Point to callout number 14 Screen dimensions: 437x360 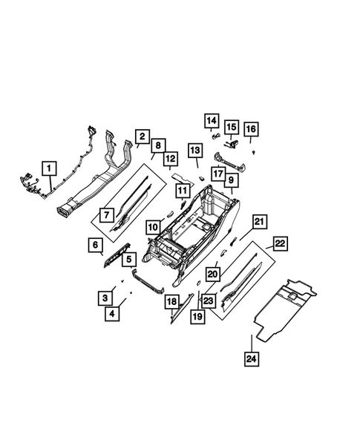click(212, 120)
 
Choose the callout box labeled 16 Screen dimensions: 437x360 click(250, 130)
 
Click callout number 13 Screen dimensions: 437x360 click(195, 153)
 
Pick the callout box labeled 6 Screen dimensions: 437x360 click(96, 246)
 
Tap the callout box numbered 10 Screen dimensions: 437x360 click(152, 227)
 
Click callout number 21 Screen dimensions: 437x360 click(259, 222)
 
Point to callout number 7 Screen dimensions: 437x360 click(106, 216)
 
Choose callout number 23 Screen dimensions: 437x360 click(208, 300)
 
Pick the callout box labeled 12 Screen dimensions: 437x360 click(170, 159)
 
